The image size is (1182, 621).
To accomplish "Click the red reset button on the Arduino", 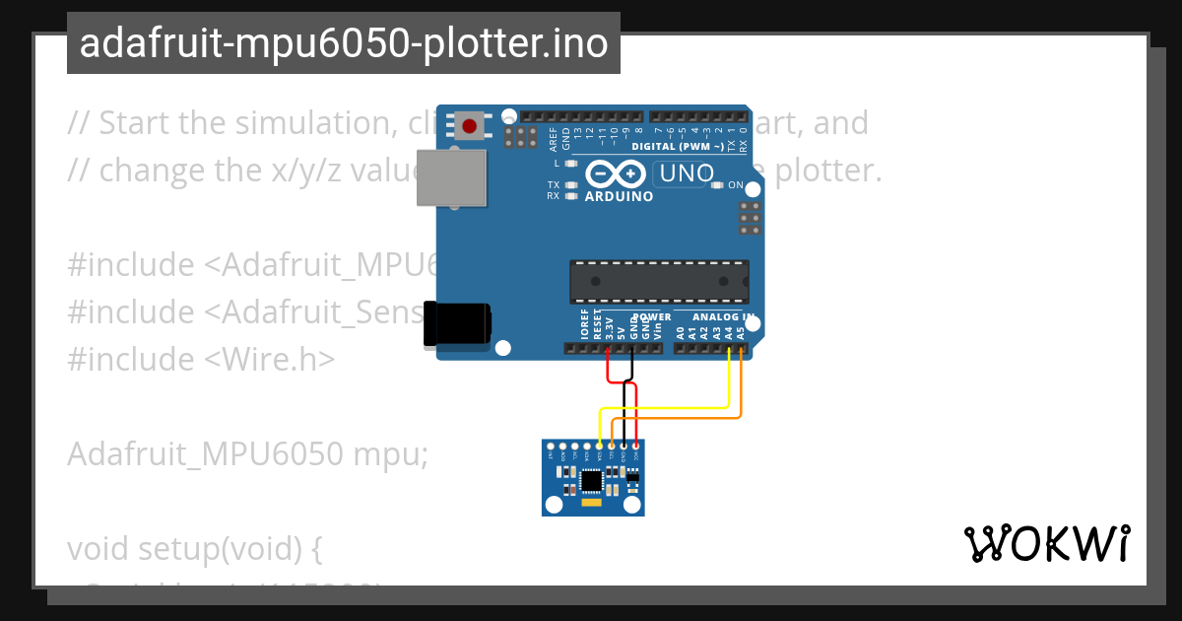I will point(469,126).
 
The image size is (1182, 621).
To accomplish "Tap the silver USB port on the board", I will point(451,177).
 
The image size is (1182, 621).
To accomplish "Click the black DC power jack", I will point(456,324).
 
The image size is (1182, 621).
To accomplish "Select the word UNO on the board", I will point(686,174).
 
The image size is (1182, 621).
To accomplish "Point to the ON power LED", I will point(720,185).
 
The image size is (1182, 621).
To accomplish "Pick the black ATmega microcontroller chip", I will point(659,282).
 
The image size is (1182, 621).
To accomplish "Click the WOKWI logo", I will point(1046,543).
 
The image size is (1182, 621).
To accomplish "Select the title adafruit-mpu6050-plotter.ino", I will point(343,43).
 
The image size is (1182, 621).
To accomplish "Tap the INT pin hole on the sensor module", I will point(552,446).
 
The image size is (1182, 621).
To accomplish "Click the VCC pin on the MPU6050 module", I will point(635,446).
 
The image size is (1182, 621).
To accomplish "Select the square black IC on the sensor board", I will point(591,480).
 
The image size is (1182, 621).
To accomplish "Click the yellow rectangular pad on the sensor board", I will point(591,503).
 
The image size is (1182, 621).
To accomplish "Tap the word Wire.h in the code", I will point(273,359).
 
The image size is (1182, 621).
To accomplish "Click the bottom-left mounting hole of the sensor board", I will point(554,506).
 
